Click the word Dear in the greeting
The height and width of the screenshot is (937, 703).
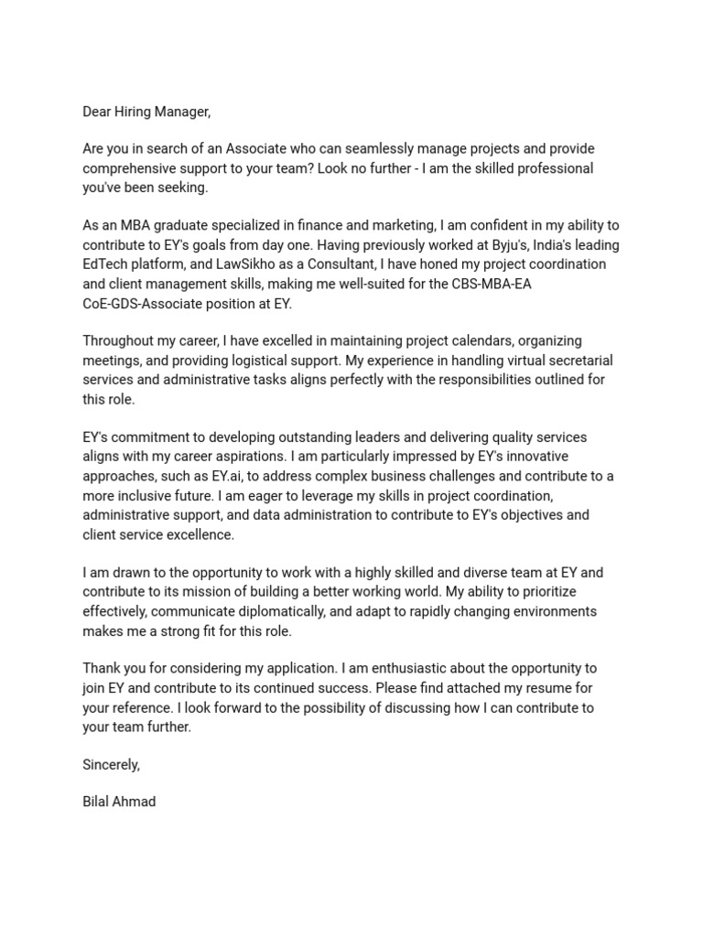(97, 112)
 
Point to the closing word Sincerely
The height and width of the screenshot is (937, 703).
(111, 764)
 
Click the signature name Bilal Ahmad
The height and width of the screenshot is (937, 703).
(119, 802)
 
